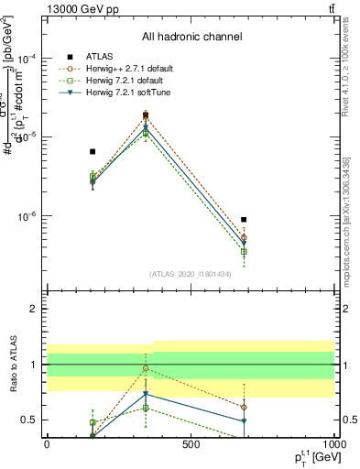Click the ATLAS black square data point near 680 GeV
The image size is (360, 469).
pyautogui.click(x=244, y=220)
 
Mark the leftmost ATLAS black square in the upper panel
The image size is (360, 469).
pyautogui.click(x=93, y=151)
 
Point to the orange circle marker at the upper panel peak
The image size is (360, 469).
pyautogui.click(x=146, y=116)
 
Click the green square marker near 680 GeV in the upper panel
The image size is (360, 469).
pyautogui.click(x=244, y=251)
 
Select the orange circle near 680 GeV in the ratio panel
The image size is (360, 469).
pyautogui.click(x=244, y=407)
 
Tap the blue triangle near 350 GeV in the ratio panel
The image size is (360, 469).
pyautogui.click(x=146, y=395)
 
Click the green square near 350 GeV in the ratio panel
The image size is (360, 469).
pyautogui.click(x=146, y=408)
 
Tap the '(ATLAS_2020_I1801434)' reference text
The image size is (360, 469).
pyautogui.click(x=191, y=274)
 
